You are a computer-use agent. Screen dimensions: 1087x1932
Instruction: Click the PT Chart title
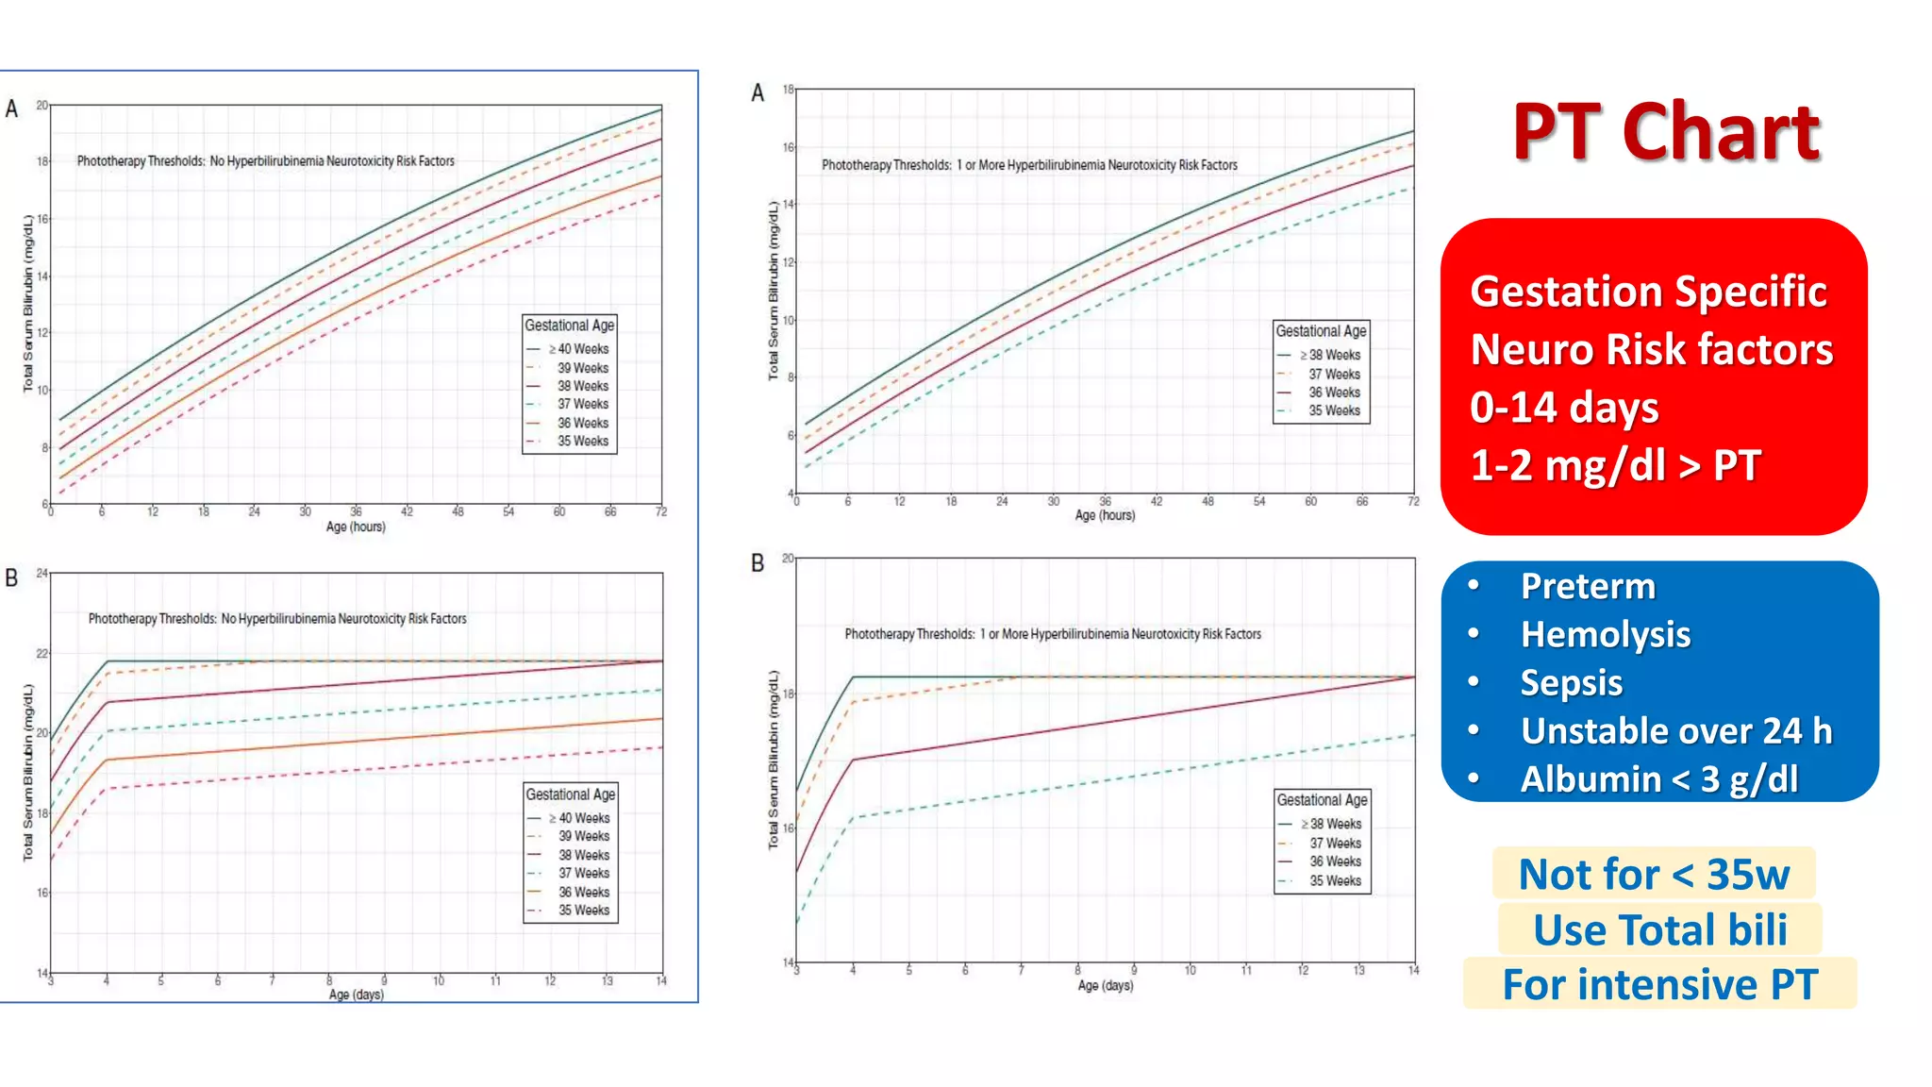tap(1666, 132)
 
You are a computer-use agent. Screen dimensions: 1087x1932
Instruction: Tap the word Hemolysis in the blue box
tap(1605, 635)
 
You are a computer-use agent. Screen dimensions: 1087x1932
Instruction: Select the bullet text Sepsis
tap(1571, 683)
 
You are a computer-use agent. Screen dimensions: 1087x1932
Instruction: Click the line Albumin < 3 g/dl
tap(1658, 779)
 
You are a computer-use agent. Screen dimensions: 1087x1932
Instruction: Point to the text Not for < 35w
tap(1653, 875)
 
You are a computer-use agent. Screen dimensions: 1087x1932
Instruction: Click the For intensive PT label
tap(1658, 985)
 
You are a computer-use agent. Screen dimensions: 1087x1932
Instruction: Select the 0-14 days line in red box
tap(1563, 408)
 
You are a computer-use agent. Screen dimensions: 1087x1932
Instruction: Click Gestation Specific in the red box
tap(1647, 292)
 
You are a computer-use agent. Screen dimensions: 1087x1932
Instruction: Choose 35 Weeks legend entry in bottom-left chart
tap(583, 911)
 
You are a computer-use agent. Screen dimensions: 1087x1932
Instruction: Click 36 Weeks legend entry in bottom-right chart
tap(1334, 861)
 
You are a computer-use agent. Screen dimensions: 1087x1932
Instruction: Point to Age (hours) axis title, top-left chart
tap(356, 527)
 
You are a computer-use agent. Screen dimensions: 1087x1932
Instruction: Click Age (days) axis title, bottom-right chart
tap(1105, 985)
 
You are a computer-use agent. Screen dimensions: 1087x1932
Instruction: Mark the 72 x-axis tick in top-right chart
tap(1412, 502)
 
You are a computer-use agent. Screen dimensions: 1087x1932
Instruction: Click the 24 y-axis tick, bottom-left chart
tap(42, 573)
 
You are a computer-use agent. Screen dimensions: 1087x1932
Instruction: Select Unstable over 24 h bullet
tap(1675, 731)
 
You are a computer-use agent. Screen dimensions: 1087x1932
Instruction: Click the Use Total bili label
tap(1659, 930)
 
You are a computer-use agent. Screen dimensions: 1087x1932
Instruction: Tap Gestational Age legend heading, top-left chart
tap(569, 326)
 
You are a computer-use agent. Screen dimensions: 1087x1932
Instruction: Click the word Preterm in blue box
tap(1587, 587)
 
